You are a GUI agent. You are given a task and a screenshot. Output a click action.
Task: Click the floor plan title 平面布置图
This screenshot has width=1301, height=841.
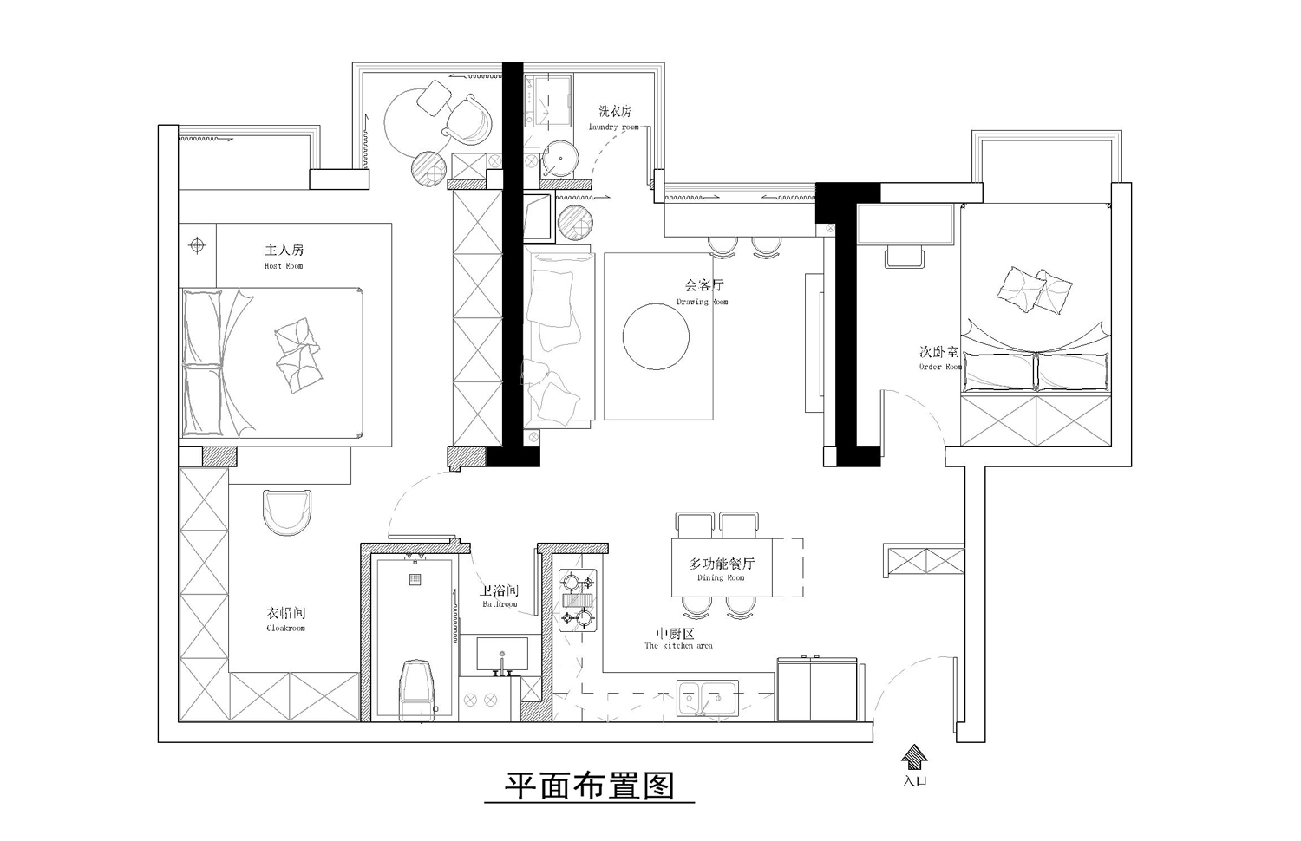[590, 786]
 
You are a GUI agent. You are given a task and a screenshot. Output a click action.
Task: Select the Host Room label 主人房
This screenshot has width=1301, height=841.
[284, 250]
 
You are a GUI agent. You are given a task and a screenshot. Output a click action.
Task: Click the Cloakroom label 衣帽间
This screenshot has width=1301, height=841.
[285, 614]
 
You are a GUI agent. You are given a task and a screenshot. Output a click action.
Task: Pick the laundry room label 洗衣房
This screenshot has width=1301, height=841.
[614, 112]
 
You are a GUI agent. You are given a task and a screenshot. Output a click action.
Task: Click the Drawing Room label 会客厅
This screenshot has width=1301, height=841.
[703, 285]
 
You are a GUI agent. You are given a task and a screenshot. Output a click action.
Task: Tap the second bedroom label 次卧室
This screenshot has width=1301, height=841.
[939, 352]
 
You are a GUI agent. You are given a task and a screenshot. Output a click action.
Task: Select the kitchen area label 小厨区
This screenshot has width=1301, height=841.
[677, 634]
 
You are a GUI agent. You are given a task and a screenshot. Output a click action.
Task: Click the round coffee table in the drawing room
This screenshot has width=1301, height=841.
[657, 336]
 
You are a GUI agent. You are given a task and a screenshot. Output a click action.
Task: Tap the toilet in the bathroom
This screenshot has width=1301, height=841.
[415, 689]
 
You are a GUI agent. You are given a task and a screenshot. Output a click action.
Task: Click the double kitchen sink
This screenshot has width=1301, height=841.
[707, 697]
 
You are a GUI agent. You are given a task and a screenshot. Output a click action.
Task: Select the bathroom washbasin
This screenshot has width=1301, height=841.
[501, 655]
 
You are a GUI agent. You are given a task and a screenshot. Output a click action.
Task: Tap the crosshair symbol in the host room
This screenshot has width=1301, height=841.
[197, 245]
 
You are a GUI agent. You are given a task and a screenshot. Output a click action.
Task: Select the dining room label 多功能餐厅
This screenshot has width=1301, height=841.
[722, 564]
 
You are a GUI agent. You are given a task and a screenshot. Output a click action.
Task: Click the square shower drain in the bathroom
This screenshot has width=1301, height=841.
[415, 579]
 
